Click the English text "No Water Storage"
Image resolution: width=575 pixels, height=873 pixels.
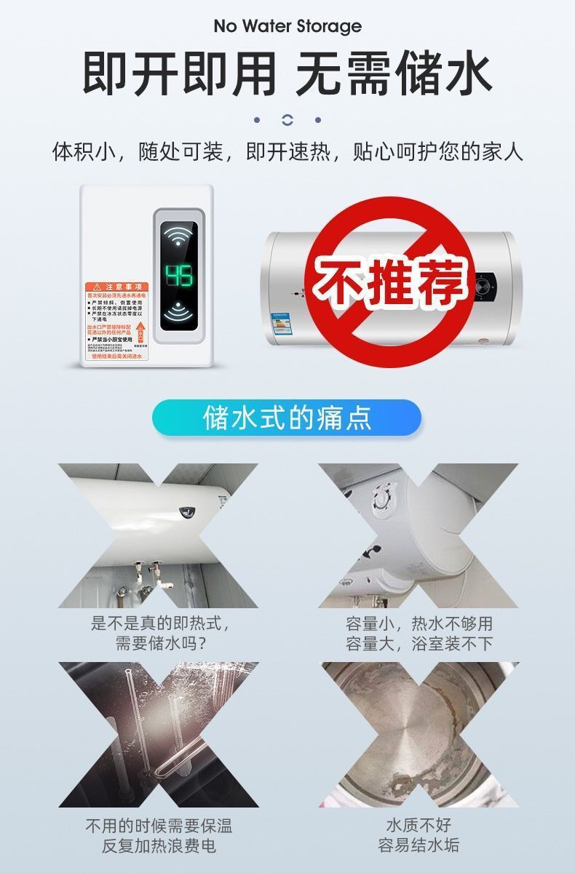[287, 27]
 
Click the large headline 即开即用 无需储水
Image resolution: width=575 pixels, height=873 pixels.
[287, 74]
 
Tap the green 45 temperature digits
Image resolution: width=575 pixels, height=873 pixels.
[178, 276]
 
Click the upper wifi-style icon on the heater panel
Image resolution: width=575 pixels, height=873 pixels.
[178, 237]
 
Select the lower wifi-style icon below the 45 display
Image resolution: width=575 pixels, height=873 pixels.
[178, 311]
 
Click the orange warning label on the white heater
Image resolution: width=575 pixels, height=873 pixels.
[116, 321]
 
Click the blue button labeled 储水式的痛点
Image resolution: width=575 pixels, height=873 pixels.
[287, 418]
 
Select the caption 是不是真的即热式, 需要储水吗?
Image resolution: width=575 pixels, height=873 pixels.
[160, 633]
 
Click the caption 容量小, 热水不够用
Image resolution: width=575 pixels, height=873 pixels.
[419, 623]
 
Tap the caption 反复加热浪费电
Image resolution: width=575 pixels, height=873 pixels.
[159, 846]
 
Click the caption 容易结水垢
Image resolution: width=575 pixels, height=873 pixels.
[419, 846]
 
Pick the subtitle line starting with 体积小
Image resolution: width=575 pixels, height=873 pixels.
[287, 153]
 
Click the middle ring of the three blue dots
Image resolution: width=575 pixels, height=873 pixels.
[287, 120]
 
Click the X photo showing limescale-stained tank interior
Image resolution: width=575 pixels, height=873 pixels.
[419, 735]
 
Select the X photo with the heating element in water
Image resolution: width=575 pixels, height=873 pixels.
[159, 735]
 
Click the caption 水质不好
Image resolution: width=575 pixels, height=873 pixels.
[419, 826]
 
